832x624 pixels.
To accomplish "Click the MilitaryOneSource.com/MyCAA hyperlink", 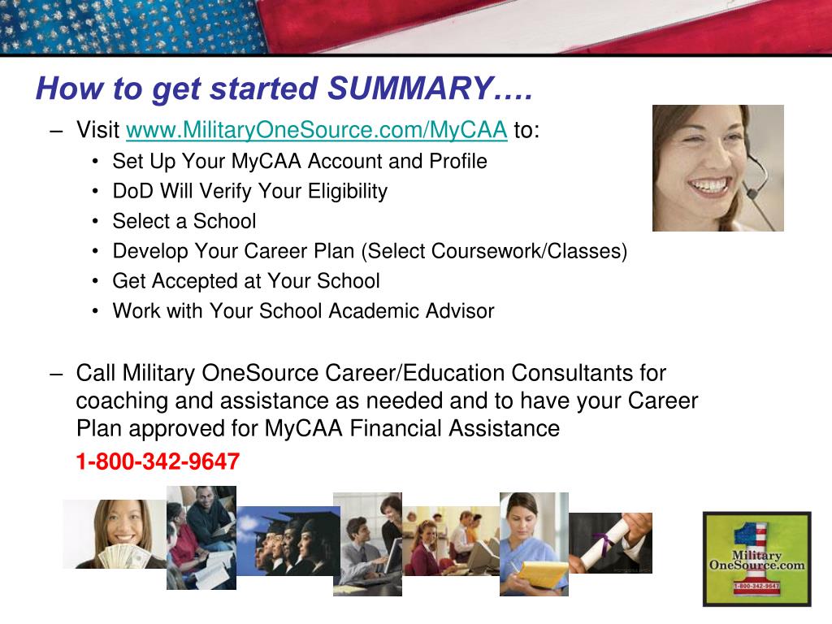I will (317, 130).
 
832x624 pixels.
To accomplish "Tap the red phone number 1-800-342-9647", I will (158, 462).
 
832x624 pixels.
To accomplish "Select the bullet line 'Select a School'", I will (184, 221).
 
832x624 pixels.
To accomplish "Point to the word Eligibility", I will (348, 192).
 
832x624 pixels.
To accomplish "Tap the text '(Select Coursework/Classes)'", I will (496, 252).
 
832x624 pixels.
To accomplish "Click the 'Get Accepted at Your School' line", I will (245, 281).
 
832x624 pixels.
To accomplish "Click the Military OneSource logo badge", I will (756, 558).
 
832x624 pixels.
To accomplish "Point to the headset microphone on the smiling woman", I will (752, 193).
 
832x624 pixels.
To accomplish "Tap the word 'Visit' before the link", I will (97, 130).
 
